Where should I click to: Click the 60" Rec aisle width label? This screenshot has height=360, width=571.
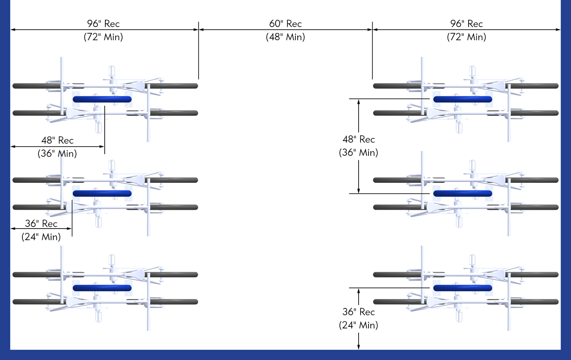pyautogui.click(x=285, y=24)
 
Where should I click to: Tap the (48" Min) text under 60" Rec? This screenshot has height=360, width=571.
pyautogui.click(x=285, y=37)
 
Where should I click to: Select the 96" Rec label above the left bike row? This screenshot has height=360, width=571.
pyautogui.click(x=103, y=24)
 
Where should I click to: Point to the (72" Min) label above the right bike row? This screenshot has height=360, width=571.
pyautogui.click(x=466, y=37)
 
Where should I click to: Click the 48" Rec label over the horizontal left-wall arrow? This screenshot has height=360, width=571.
pyautogui.click(x=57, y=140)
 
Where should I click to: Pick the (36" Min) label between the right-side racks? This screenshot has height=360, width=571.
pyautogui.click(x=359, y=153)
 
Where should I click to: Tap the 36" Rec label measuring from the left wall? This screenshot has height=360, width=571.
pyautogui.click(x=41, y=224)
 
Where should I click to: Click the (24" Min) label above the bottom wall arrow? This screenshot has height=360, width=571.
pyautogui.click(x=359, y=325)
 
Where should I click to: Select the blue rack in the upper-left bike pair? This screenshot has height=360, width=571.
pyautogui.click(x=102, y=99)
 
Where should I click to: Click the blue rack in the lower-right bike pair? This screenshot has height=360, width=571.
pyautogui.click(x=463, y=288)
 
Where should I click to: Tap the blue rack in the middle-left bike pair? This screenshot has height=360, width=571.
pyautogui.click(x=102, y=194)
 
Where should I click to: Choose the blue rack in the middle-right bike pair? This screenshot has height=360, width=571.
pyautogui.click(x=463, y=194)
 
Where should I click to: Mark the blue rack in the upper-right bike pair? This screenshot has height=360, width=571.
pyautogui.click(x=463, y=99)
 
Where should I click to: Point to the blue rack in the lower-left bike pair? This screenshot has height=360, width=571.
pyautogui.click(x=102, y=288)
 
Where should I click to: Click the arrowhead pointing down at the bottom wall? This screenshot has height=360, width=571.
pyautogui.click(x=359, y=347)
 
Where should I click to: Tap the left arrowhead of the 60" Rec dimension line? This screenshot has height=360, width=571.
pyautogui.click(x=201, y=30)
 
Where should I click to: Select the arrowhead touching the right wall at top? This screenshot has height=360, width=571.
pyautogui.click(x=558, y=30)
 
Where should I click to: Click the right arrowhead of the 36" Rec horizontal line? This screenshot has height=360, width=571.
pyautogui.click(x=69, y=229)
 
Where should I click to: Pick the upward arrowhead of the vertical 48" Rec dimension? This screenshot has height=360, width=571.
pyautogui.click(x=359, y=102)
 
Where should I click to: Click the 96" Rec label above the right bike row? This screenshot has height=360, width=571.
pyautogui.click(x=466, y=24)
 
